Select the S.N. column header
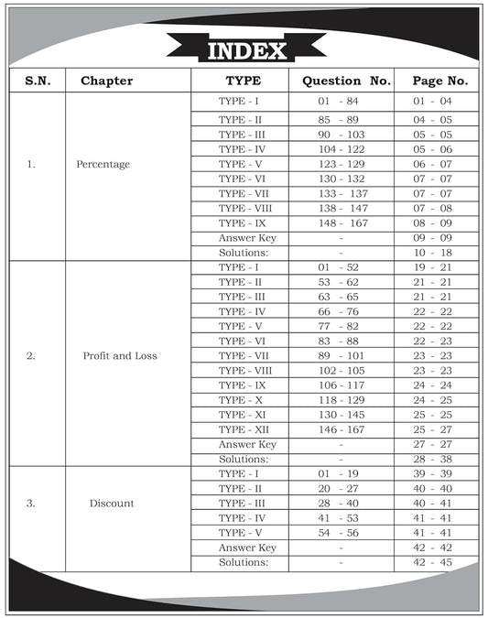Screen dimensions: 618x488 [38, 81]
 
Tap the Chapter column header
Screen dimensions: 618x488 [106, 81]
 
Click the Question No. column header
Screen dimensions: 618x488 [346, 81]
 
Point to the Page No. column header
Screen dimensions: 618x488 [439, 81]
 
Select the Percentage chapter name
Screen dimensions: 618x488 [103, 165]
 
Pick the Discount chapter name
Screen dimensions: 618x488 [112, 504]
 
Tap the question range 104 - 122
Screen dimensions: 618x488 [341, 149]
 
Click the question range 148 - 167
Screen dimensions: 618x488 [341, 223]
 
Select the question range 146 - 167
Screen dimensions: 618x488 [341, 429]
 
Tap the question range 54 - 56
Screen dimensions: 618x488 [338, 533]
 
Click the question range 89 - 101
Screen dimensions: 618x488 [341, 355]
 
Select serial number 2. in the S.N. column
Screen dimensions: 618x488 [31, 355]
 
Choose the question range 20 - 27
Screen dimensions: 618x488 [338, 488]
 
